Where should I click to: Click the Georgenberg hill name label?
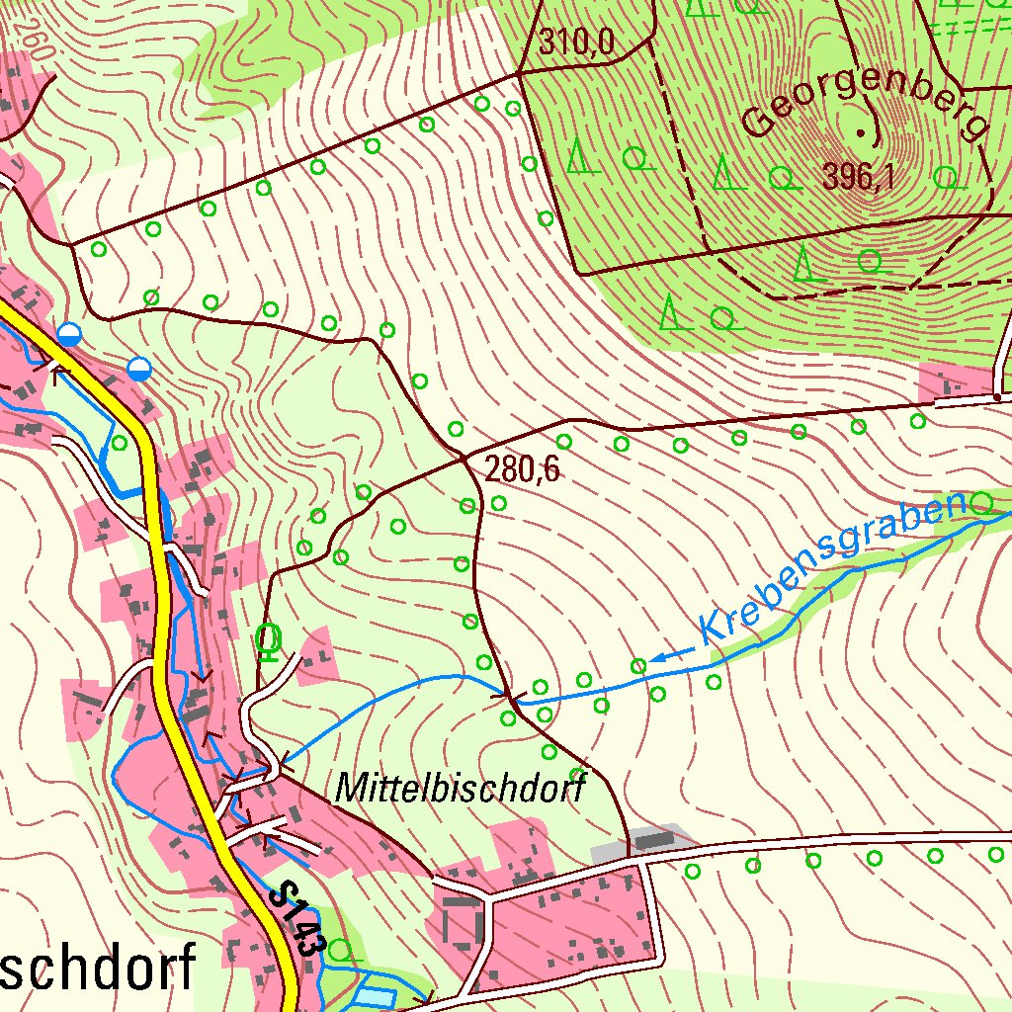(x=865, y=104)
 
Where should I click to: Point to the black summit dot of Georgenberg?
(x=859, y=132)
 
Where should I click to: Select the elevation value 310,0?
(x=577, y=42)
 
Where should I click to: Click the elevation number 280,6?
(x=523, y=470)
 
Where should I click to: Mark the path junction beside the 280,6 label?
(x=465, y=459)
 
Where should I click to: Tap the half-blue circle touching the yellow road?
(x=68, y=334)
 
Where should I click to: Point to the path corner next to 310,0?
(x=521, y=73)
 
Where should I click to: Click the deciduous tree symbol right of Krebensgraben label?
(x=980, y=503)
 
